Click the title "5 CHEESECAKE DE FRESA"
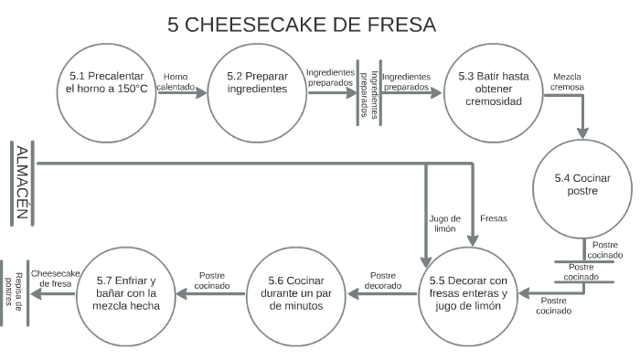point(303,24)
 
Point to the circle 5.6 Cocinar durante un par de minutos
point(295,293)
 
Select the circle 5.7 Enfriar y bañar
point(127,293)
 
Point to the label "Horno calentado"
point(176,82)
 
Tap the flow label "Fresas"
point(493,218)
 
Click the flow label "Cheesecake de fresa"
point(56,278)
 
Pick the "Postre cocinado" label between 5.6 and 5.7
point(212,280)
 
